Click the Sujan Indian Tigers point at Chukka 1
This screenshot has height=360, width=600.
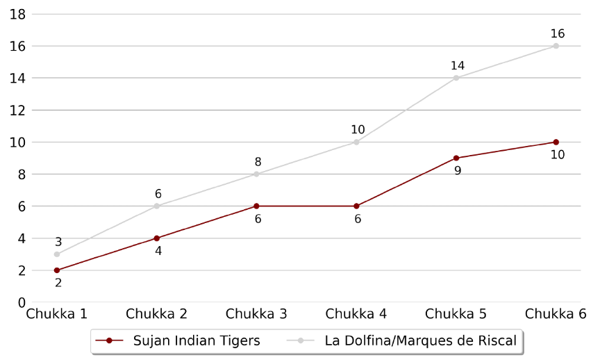[x=57, y=270]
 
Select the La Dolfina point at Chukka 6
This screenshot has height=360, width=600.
[x=556, y=46]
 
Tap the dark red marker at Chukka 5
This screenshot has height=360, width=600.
[x=456, y=158]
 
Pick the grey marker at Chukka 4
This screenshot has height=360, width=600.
[x=356, y=142]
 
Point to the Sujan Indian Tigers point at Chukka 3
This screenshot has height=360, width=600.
[x=256, y=206]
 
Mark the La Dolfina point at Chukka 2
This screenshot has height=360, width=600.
[x=156, y=206]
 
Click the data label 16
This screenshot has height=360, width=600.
[x=558, y=33]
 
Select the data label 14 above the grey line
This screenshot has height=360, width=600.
[x=458, y=66]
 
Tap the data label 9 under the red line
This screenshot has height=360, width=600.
[x=458, y=171]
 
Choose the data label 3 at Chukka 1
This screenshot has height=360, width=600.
[x=58, y=242]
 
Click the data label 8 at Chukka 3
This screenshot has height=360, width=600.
[x=258, y=162]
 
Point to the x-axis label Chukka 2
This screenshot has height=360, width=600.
[x=156, y=314]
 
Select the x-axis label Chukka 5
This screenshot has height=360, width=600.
[x=456, y=314]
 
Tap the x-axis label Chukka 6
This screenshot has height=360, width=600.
[x=556, y=314]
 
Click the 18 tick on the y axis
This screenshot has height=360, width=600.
[x=17, y=15]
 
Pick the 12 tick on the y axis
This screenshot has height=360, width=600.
[x=17, y=111]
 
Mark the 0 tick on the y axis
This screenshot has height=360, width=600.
[x=22, y=303]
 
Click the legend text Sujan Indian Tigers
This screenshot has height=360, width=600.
[x=197, y=341]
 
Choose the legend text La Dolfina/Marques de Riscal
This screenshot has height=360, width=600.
[x=421, y=341]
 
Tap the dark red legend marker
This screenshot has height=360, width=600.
[x=110, y=341]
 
